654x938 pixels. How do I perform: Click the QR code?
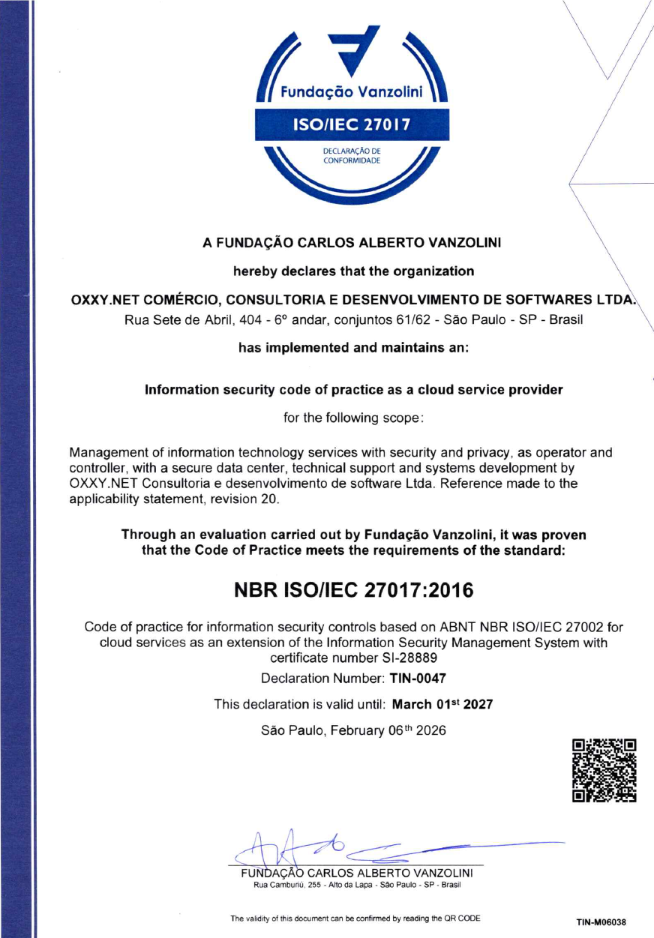tap(604, 771)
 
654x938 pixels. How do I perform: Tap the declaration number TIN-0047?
tap(418, 679)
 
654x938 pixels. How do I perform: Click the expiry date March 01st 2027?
tap(443, 705)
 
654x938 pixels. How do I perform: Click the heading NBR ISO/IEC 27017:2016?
tap(355, 590)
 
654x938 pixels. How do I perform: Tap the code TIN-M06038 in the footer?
tap(601, 922)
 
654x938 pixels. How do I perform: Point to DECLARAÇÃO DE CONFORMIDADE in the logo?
tap(352, 156)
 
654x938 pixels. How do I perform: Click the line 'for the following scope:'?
tap(353, 418)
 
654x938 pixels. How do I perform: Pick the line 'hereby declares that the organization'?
tap(353, 270)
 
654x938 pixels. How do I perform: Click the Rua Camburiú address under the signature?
tap(356, 885)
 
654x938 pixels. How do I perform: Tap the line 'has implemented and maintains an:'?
tap(353, 348)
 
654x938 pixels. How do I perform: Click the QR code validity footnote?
tap(355, 919)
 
